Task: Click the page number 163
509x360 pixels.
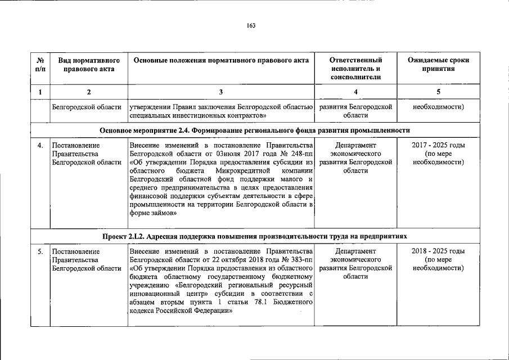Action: [251, 25]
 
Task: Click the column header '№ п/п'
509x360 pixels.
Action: [40, 64]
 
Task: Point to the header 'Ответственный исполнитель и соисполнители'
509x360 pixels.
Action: [355, 68]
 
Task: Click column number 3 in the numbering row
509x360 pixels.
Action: [220, 92]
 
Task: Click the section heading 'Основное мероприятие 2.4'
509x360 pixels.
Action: [254, 130]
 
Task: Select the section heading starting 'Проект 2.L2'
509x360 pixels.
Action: [254, 235]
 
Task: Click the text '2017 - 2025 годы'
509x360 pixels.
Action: [438, 145]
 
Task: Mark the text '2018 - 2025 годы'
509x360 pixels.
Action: [438, 251]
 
